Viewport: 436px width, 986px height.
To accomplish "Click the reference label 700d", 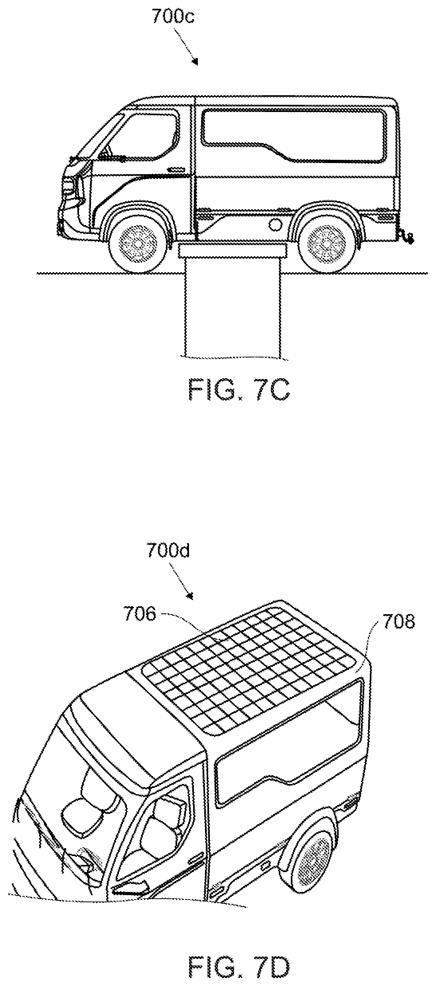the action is [x=168, y=551].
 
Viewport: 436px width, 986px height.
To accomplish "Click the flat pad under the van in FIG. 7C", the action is [x=233, y=251].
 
